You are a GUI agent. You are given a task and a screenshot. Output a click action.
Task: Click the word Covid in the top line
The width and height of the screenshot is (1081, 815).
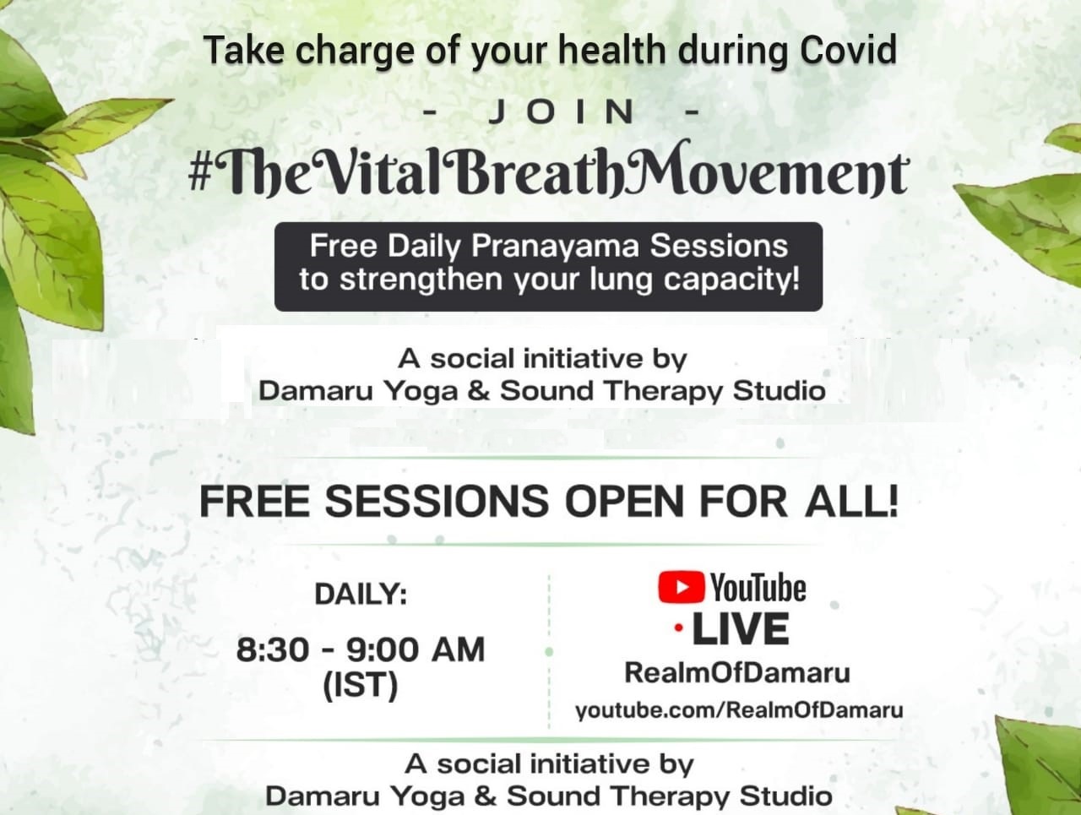[x=848, y=50]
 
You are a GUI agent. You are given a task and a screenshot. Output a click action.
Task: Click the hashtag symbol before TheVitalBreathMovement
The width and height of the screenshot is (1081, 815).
[x=199, y=174]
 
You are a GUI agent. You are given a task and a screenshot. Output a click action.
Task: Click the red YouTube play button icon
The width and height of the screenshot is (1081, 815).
[x=681, y=586]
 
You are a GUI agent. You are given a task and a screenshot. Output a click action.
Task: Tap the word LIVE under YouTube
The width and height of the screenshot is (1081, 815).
[x=741, y=629]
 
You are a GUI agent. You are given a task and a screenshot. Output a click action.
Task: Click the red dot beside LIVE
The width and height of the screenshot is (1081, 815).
[x=679, y=628]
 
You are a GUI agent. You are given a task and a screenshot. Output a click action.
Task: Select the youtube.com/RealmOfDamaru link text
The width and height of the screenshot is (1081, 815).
[x=739, y=710]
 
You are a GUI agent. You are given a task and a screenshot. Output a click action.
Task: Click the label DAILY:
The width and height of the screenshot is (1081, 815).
[x=361, y=594]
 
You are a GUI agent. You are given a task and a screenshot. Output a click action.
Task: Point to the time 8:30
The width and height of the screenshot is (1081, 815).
[x=273, y=649]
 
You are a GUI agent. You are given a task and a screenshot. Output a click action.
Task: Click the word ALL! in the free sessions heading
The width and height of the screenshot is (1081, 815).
[x=851, y=501]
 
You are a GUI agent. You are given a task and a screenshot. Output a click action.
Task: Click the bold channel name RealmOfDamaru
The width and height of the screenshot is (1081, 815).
[x=737, y=672]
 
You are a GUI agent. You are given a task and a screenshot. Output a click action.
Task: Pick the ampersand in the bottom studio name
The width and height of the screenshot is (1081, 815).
[x=486, y=796]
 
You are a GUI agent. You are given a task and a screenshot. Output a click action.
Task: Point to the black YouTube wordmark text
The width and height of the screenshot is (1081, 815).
[x=758, y=588]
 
